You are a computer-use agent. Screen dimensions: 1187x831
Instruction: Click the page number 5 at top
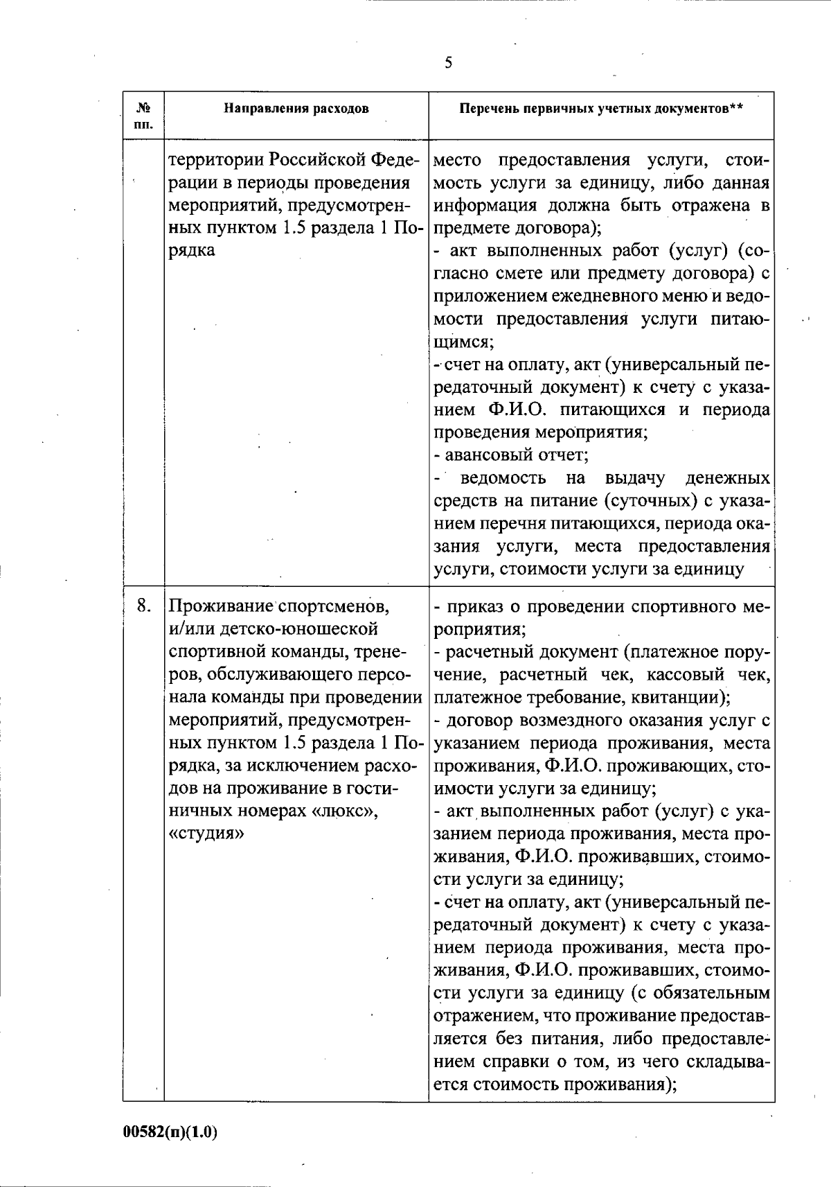pyautogui.click(x=448, y=63)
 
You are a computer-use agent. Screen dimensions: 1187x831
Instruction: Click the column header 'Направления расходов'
pyautogui.click(x=296, y=109)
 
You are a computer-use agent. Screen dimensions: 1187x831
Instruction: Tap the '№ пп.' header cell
pyautogui.click(x=144, y=116)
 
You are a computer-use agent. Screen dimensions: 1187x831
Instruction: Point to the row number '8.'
pyautogui.click(x=144, y=606)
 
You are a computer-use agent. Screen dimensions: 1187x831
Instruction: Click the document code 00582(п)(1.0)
pyautogui.click(x=170, y=1132)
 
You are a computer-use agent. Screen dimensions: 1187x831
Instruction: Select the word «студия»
pyautogui.click(x=206, y=834)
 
